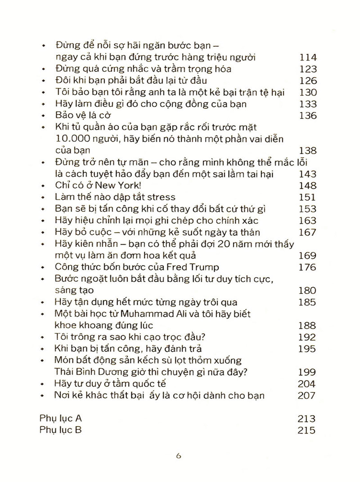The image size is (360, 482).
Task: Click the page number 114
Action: [x=308, y=58]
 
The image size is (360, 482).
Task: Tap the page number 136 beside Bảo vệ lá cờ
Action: [x=308, y=116]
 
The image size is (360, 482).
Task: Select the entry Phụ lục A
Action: [x=60, y=418]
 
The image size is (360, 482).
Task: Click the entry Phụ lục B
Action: [x=60, y=430]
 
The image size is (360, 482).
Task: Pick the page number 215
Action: [x=307, y=430]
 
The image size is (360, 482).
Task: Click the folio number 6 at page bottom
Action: [x=179, y=456]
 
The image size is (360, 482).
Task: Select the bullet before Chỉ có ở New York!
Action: [x=43, y=186]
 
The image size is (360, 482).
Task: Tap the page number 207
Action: [x=307, y=395]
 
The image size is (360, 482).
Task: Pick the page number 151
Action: [x=308, y=197]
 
